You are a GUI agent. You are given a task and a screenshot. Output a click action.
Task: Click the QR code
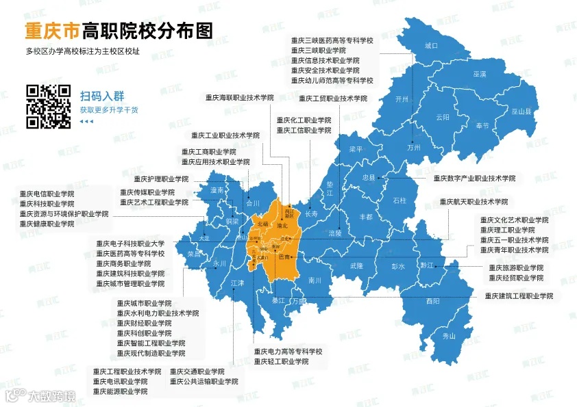click(49, 107)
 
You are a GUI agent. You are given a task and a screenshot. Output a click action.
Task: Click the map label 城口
click(430, 46)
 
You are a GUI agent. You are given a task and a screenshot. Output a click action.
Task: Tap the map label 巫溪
click(479, 73)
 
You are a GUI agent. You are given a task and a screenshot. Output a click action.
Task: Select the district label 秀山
click(449, 336)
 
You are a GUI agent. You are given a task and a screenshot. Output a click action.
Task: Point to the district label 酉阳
click(432, 300)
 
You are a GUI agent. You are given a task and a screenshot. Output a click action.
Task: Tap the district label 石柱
click(400, 200)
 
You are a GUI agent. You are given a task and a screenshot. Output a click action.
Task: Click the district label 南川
click(315, 280)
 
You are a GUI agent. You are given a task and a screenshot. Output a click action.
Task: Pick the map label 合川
click(253, 203)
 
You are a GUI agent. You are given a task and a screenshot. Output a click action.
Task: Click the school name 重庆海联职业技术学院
click(239, 98)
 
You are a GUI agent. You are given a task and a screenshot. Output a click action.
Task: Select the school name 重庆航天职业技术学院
click(474, 202)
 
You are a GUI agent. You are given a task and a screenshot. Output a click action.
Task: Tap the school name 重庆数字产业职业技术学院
click(474, 178)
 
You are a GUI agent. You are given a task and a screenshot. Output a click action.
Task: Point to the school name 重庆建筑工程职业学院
click(519, 296)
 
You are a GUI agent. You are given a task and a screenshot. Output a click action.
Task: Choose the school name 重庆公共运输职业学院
click(204, 381)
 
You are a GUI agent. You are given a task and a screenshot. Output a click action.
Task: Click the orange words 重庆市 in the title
click(52, 31)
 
